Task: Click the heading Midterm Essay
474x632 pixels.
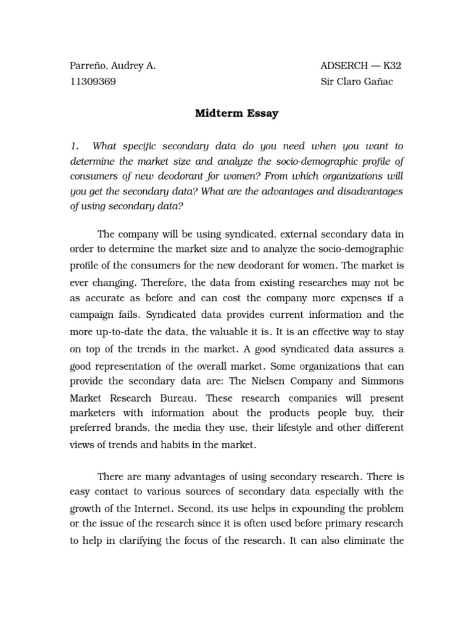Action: (237, 114)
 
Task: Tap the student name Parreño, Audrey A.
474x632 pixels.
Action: (112, 66)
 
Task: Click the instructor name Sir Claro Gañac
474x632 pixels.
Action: (357, 82)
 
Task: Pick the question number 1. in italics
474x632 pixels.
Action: (75, 146)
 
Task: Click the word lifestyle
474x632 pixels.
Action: (302, 428)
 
